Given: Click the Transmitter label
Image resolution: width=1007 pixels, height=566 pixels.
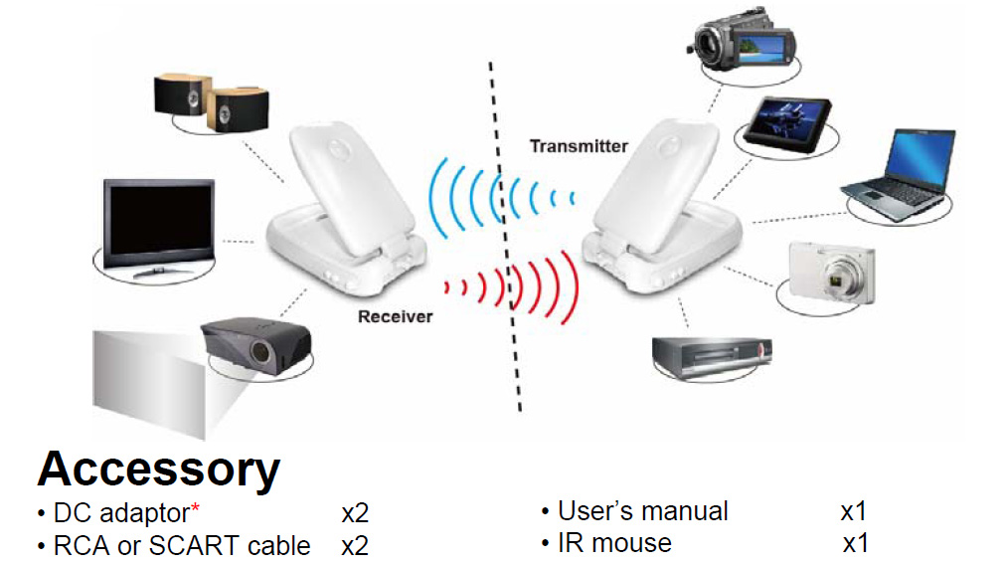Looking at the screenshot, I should click(579, 146).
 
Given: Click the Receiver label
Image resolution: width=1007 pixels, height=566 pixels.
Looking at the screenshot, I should click(396, 317).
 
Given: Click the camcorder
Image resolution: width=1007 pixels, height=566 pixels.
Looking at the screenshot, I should click(744, 42).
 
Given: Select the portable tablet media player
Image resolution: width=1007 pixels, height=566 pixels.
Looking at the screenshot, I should click(790, 122).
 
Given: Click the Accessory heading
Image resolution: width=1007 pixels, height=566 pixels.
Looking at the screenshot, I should click(159, 468).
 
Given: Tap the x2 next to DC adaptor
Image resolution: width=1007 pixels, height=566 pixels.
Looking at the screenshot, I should click(355, 514).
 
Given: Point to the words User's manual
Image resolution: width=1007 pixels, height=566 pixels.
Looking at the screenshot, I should click(642, 511).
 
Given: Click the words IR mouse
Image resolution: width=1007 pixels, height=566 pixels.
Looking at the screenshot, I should click(614, 543).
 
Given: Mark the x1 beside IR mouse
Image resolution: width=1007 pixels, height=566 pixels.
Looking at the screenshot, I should click(856, 544).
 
